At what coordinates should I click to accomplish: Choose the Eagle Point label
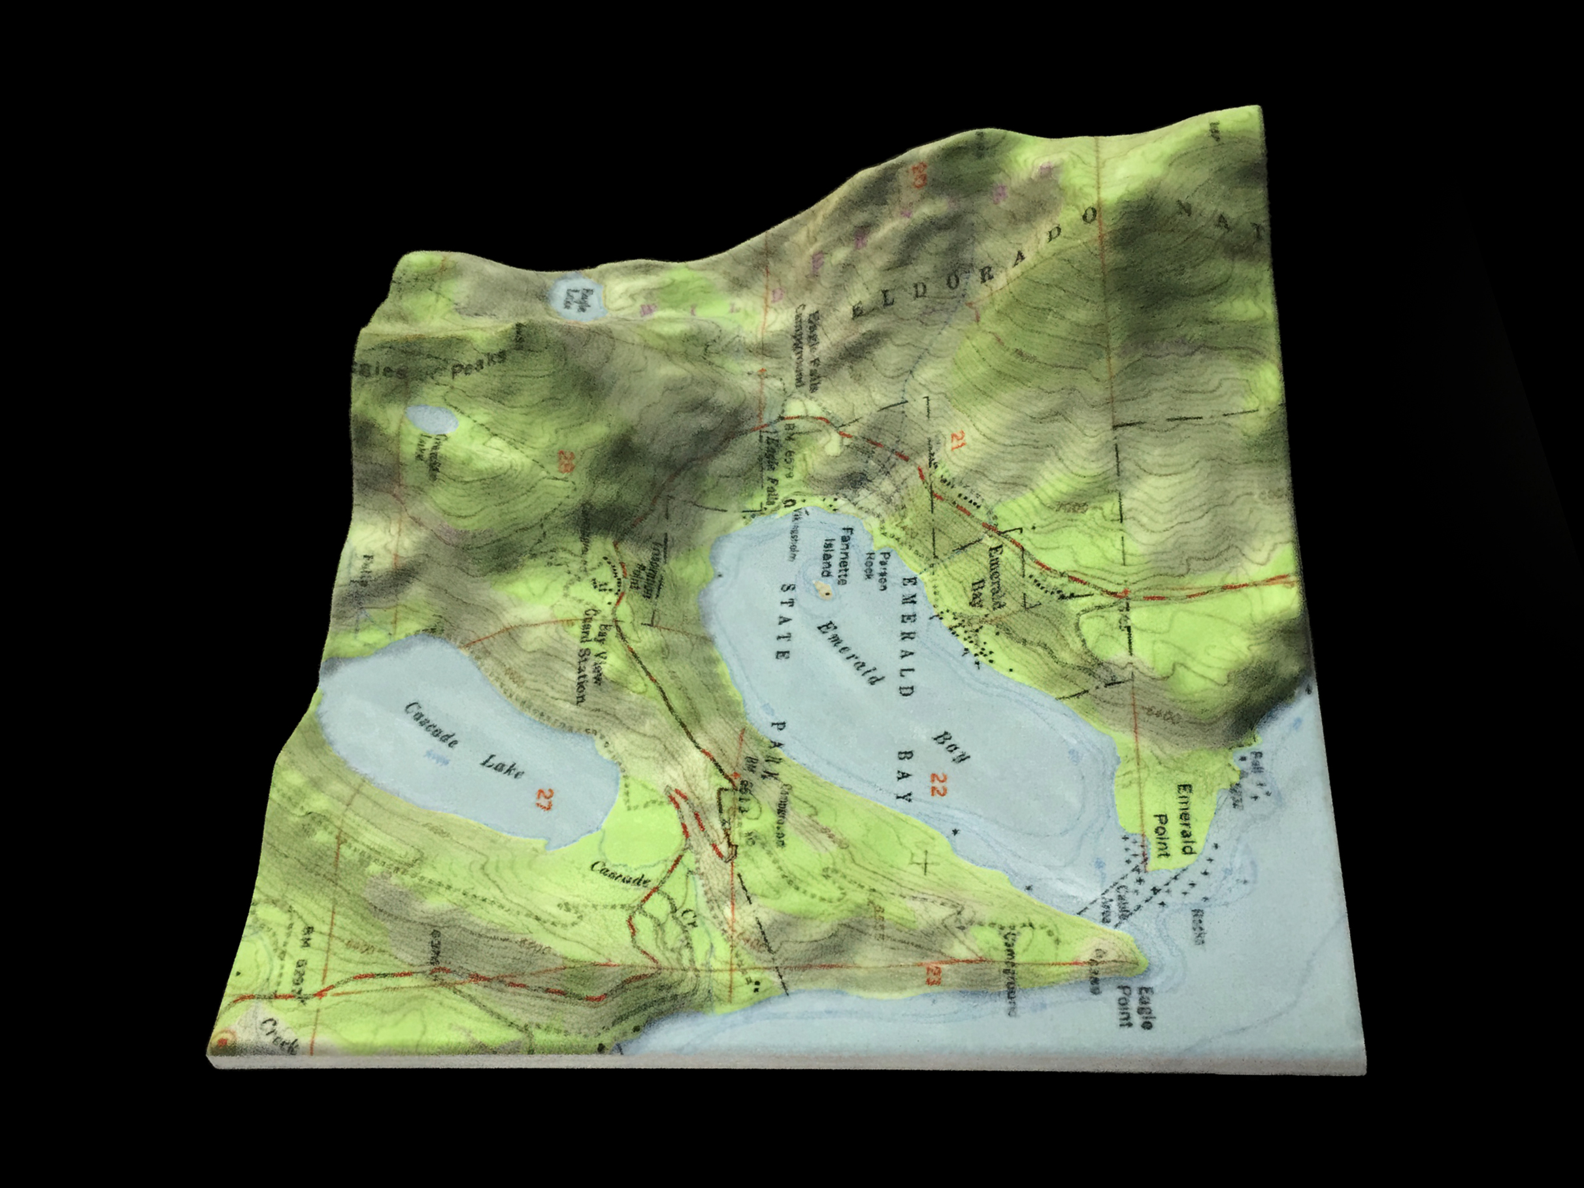coord(1137,1008)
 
